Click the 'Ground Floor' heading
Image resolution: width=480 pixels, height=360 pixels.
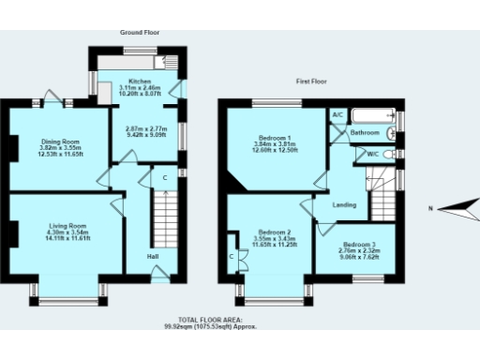(x=140, y=32)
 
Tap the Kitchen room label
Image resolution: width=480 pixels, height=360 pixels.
(x=140, y=82)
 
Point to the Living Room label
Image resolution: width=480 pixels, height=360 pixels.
(x=67, y=226)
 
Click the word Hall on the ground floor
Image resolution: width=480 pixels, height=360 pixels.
(x=152, y=256)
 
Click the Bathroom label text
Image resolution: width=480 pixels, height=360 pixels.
(x=365, y=133)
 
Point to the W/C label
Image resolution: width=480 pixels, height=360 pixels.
(x=372, y=154)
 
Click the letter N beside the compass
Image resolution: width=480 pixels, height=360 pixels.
(x=429, y=208)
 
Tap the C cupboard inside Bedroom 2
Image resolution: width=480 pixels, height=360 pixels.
(x=231, y=256)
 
